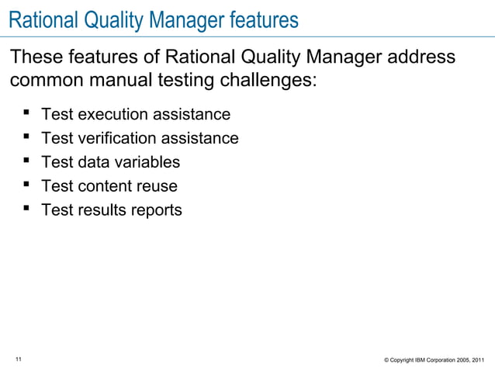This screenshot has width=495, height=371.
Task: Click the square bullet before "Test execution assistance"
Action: coord(26,114)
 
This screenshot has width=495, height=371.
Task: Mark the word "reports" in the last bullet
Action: coord(155,210)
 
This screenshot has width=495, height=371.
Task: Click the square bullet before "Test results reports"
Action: coord(26,210)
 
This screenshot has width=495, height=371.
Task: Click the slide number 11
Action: coord(19,358)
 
